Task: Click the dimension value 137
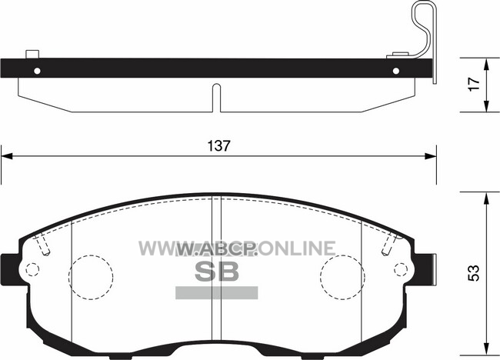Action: tap(218, 146)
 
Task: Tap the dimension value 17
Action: tap(474, 84)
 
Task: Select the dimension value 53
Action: tap(474, 273)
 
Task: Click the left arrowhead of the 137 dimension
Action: tap(7, 156)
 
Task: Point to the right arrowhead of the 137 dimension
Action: tap(431, 156)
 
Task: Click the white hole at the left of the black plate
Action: tap(37, 71)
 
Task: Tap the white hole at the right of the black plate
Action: tap(396, 71)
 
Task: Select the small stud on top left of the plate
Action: tap(32, 54)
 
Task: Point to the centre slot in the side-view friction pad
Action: tap(216, 98)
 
